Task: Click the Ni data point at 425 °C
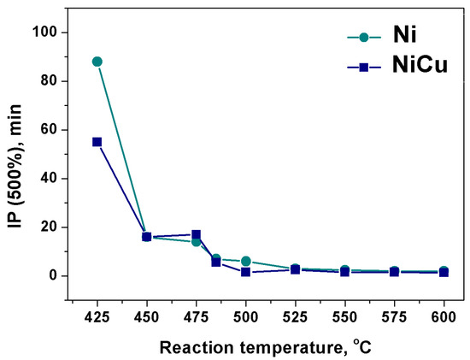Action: coord(97,62)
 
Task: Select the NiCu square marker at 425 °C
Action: coord(97,142)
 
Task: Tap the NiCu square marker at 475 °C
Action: coord(196,234)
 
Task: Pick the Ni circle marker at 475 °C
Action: coord(196,242)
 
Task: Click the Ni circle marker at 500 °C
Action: coord(245,261)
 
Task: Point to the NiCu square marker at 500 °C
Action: coord(245,272)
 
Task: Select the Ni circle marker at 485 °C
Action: coord(216,258)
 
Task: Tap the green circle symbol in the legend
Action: coord(365,37)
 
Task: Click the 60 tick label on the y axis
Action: coord(58,130)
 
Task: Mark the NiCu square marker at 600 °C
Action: coord(444,272)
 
